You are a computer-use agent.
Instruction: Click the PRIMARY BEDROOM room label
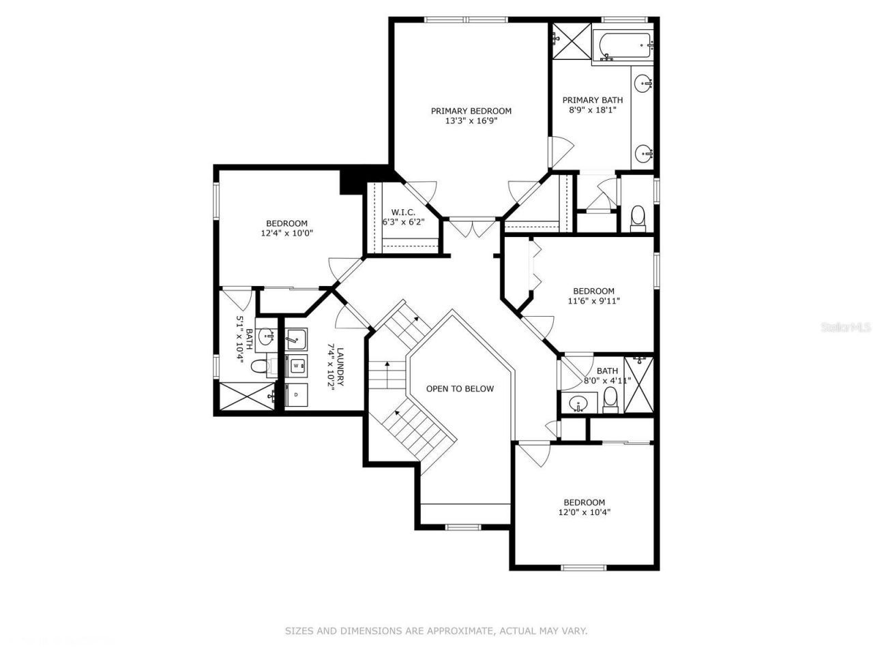[x=471, y=111]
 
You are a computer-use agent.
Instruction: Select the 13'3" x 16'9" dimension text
[x=471, y=121]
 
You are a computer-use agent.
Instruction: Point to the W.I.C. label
[x=403, y=213]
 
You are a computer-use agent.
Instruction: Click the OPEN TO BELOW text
[x=460, y=389]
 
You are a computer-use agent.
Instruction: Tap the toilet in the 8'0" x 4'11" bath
[x=610, y=400]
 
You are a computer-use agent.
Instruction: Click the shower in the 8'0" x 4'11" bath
[x=639, y=385]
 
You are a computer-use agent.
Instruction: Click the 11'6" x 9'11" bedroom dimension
[x=593, y=300]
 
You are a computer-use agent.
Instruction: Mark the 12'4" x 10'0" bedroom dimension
[x=286, y=233]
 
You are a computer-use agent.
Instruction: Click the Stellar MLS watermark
[x=846, y=328]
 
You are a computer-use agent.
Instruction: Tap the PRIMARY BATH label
[x=592, y=100]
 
